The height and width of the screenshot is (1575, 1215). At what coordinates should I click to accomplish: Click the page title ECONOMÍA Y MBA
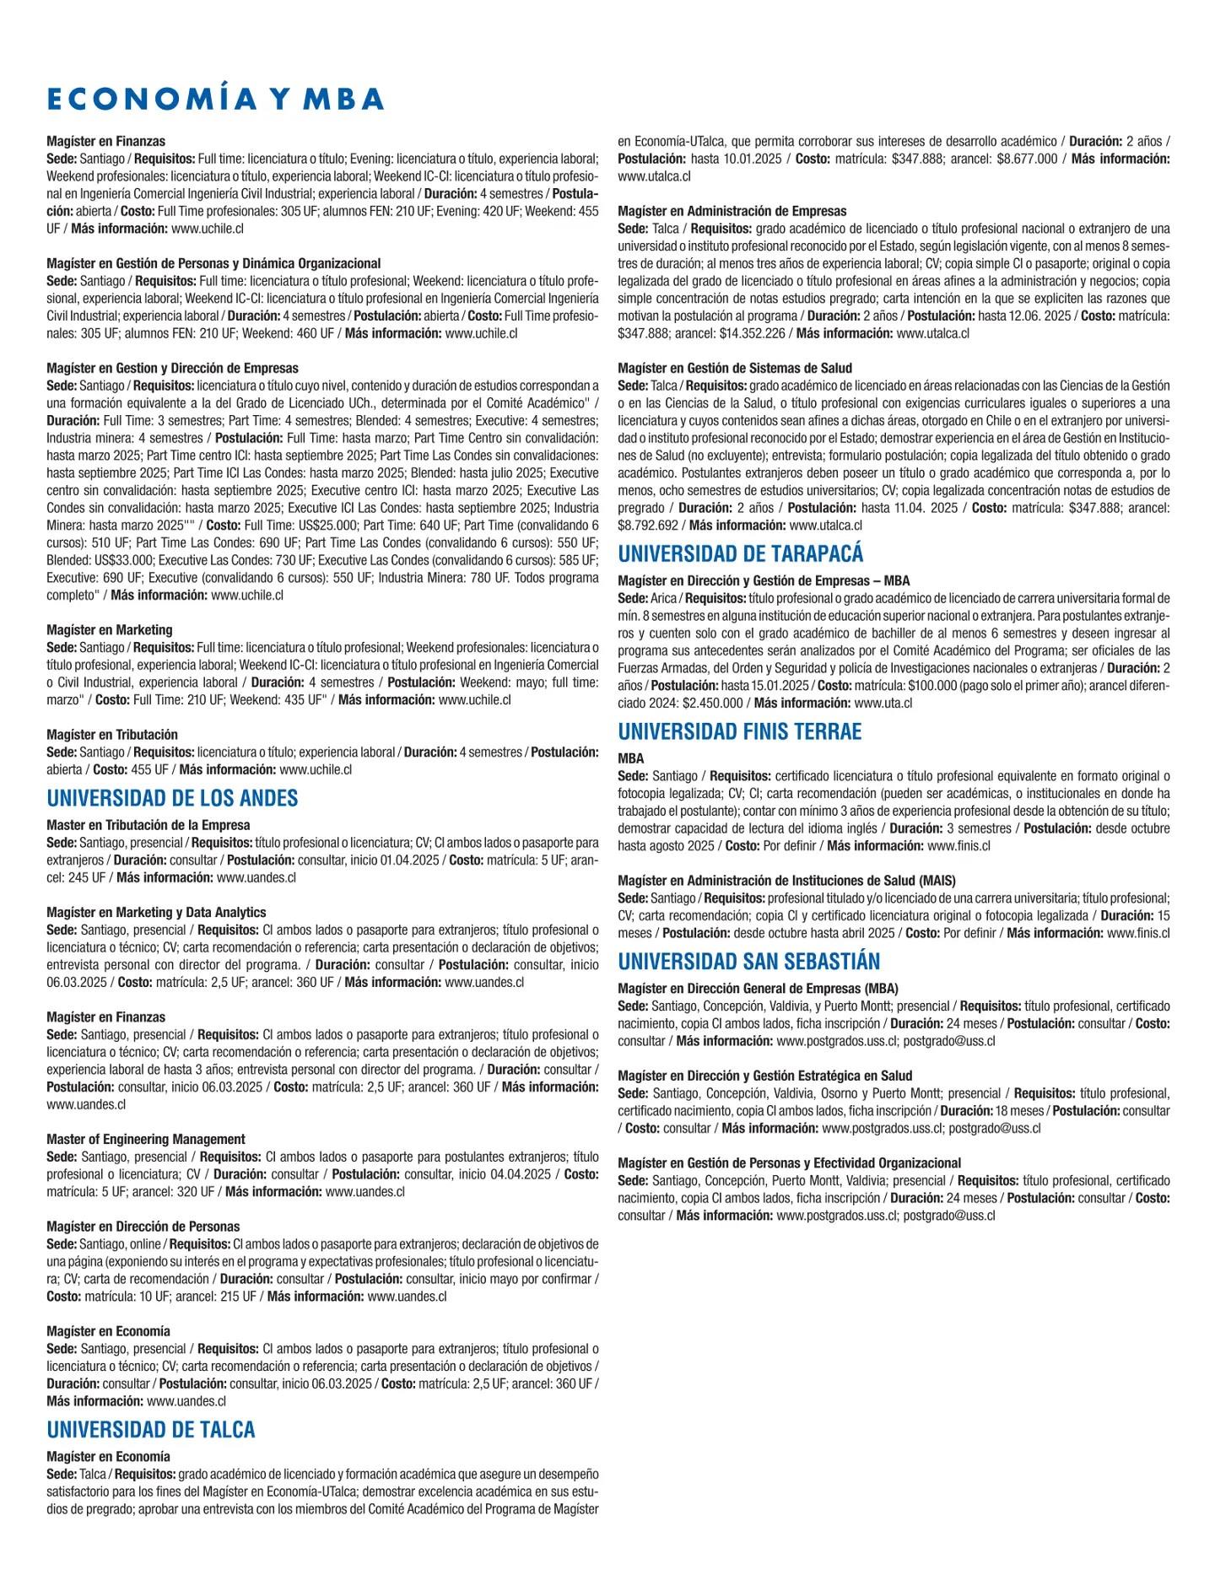215,99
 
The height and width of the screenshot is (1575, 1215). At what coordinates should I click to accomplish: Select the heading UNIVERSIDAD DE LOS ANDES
172,798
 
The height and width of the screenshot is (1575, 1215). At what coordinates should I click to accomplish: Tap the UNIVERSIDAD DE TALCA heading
150,1429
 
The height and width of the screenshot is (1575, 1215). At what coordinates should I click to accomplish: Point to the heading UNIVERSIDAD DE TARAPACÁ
740,553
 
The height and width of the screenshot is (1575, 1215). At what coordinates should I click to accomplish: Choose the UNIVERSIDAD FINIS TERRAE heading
739,731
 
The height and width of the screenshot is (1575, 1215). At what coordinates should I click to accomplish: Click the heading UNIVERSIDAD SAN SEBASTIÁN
748,962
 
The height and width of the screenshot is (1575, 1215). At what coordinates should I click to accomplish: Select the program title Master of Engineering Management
146,1139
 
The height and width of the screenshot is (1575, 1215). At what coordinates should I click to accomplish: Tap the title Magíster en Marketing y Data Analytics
156,912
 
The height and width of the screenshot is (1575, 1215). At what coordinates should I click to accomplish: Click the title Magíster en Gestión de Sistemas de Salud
735,368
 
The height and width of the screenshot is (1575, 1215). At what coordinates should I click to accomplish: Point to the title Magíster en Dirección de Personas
143,1227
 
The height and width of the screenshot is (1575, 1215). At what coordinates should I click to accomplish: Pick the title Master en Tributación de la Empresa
148,825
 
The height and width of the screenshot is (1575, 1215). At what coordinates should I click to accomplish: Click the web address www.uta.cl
883,703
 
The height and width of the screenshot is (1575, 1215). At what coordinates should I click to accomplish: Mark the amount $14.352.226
753,333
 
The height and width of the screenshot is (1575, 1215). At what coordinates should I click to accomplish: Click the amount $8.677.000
1027,159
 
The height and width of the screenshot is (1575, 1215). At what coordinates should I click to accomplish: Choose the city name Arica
663,598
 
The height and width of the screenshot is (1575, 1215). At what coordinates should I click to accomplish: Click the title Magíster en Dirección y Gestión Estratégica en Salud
764,1076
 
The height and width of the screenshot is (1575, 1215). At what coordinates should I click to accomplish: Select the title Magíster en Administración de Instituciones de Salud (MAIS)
786,881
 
